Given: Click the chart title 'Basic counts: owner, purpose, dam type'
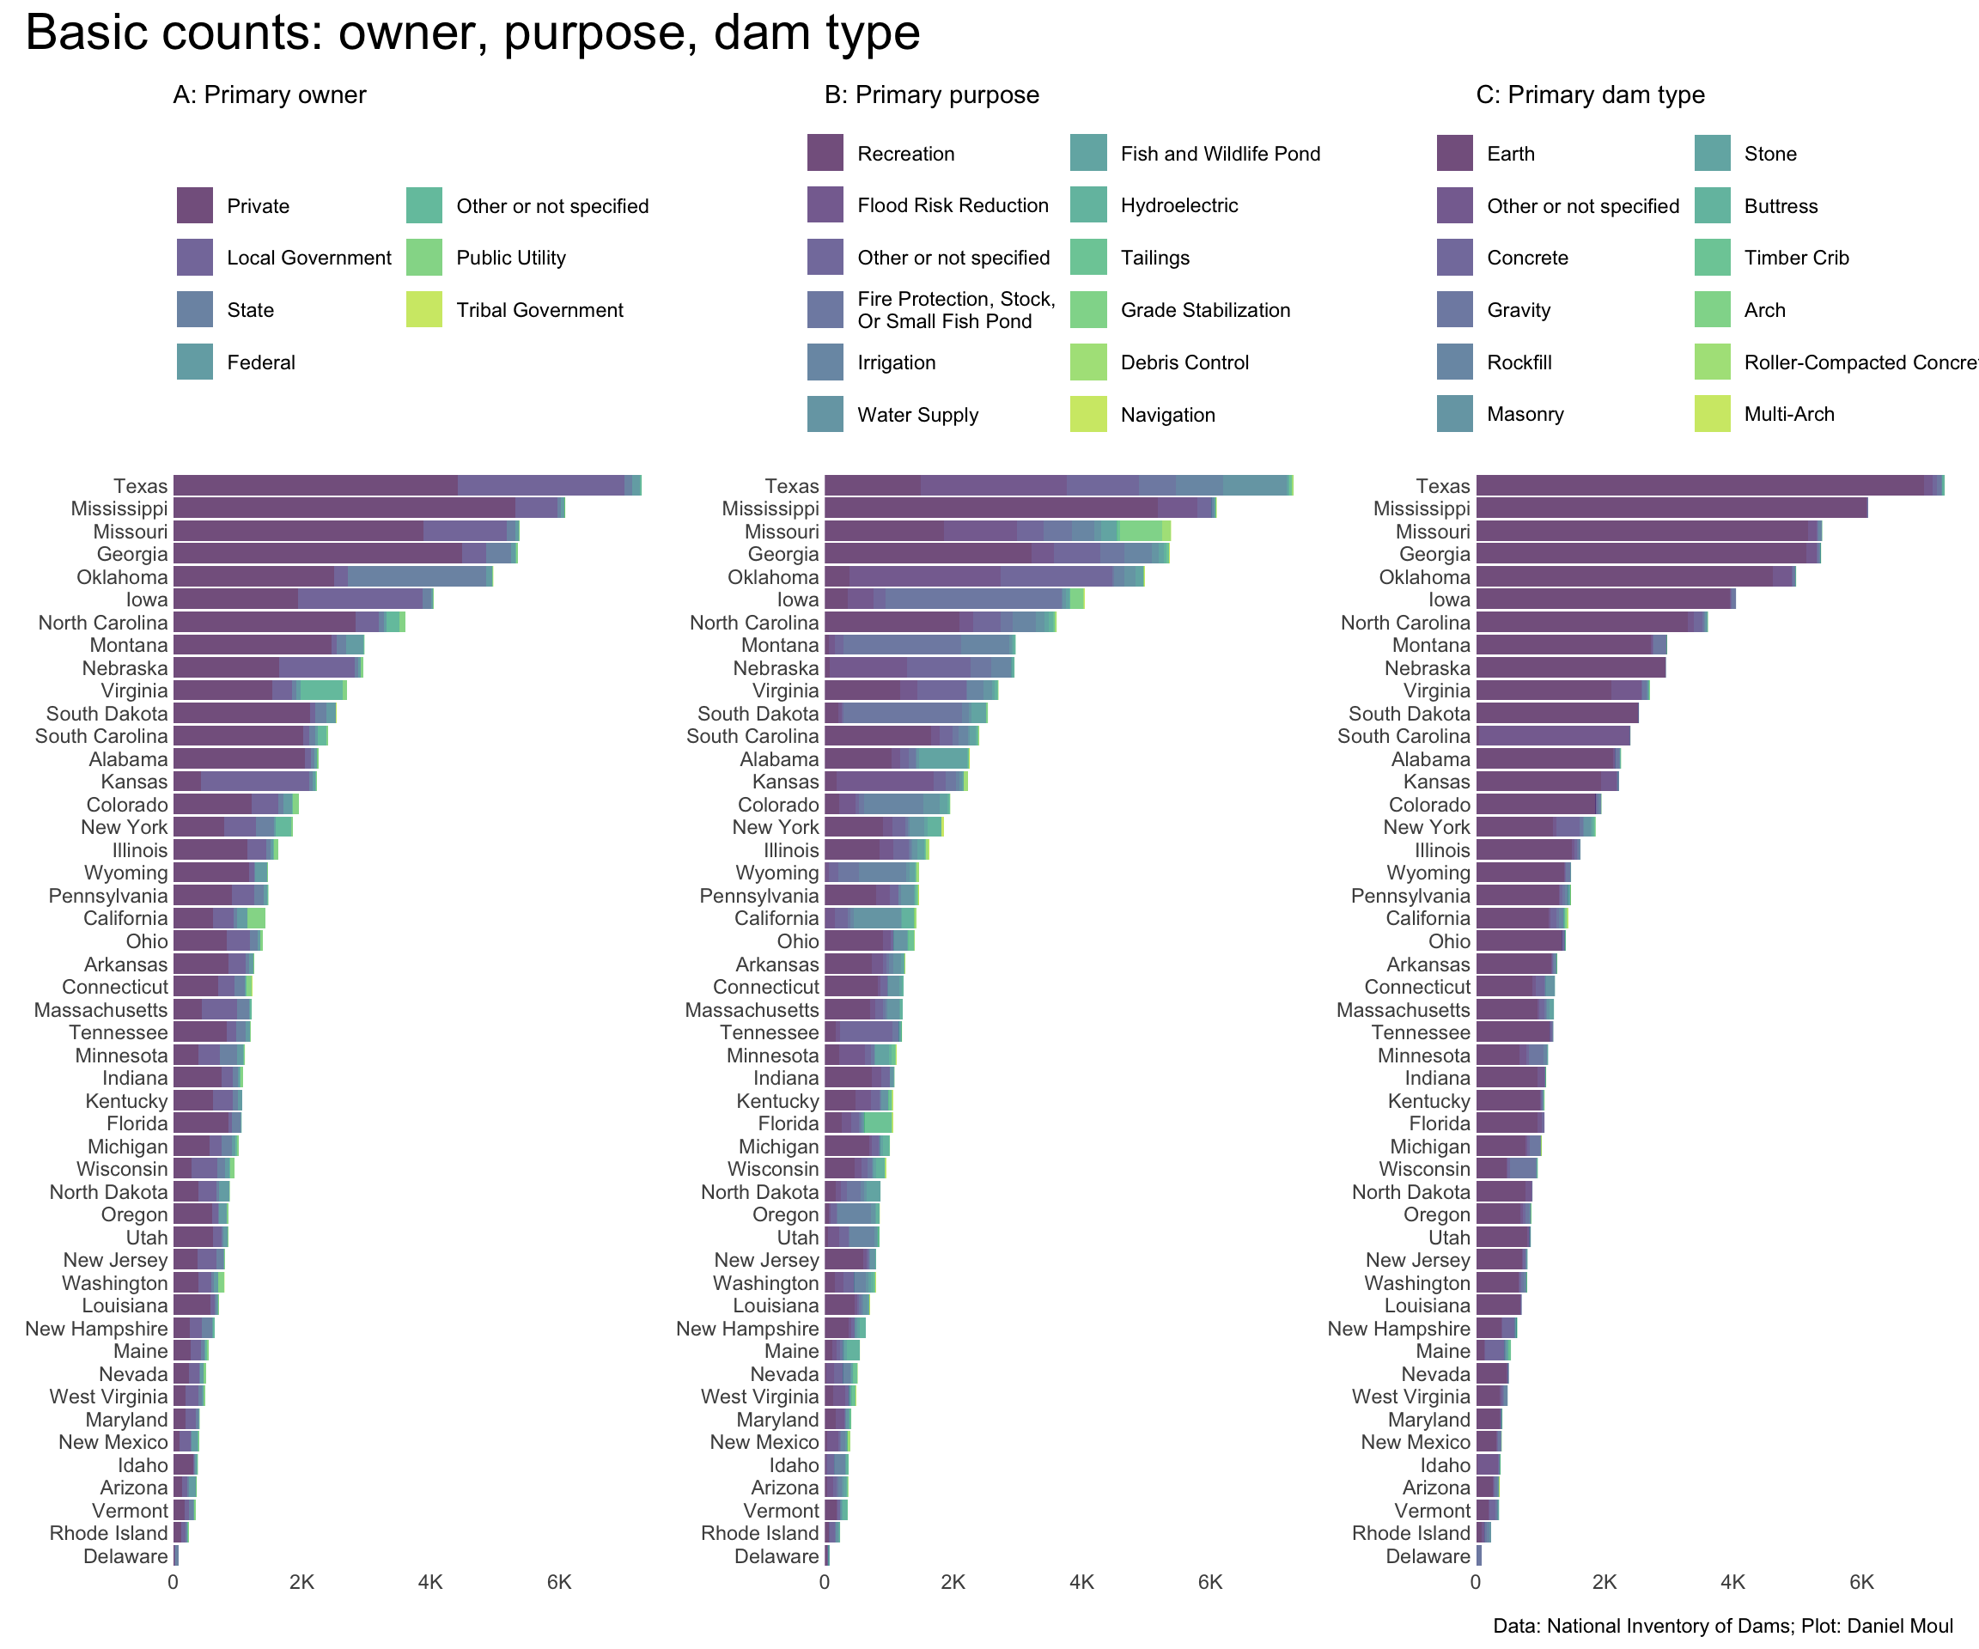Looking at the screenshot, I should pos(472,33).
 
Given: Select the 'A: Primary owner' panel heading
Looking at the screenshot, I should pos(270,95).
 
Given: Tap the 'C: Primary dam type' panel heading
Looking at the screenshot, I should pos(1590,95).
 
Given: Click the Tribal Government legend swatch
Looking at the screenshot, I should pos(424,310).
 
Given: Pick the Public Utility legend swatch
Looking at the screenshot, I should pos(424,259).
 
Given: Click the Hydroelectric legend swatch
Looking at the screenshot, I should pos(1088,205).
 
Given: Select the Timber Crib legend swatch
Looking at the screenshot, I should pos(1713,259).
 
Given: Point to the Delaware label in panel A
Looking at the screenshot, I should pos(125,1556).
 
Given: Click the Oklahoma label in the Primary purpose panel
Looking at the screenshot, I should pos(773,576).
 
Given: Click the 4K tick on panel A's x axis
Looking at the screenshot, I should pos(430,1582).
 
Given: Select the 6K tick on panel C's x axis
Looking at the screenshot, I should pos(1861,1582).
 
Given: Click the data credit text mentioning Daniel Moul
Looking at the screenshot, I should pos(1723,1627).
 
